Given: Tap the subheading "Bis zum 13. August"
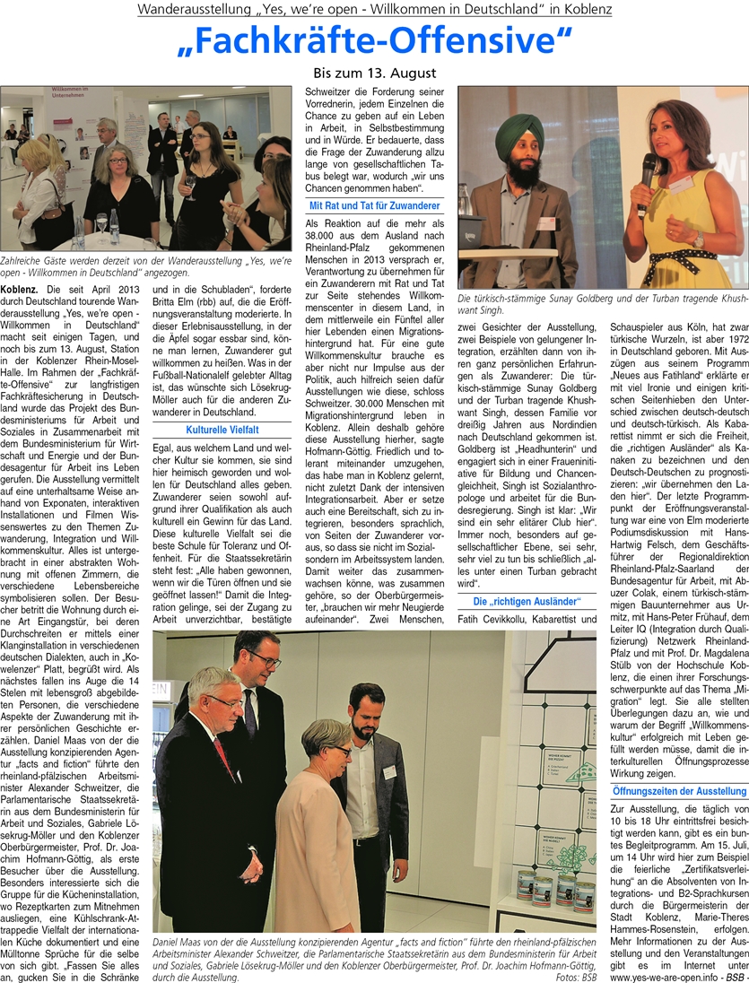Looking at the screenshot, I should click(x=374, y=73).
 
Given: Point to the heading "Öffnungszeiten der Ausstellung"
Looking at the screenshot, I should click(x=678, y=791).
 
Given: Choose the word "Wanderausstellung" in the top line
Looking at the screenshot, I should click(x=190, y=10).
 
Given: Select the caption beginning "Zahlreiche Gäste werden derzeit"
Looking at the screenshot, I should click(x=145, y=265).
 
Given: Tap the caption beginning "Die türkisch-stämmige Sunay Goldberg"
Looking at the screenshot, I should click(x=602, y=303).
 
